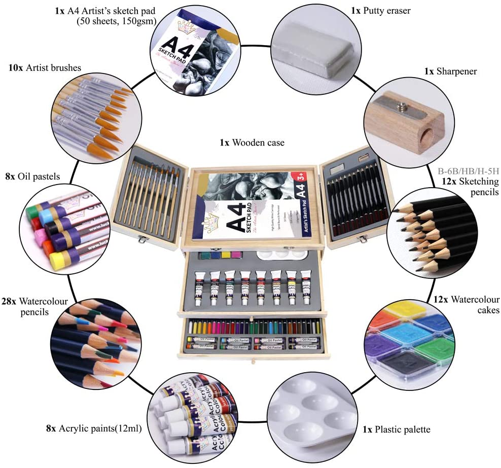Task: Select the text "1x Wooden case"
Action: pyautogui.click(x=252, y=142)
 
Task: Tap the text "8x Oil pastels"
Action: pyautogui.click(x=32, y=176)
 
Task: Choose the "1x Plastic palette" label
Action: pyautogui.click(x=396, y=429)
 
